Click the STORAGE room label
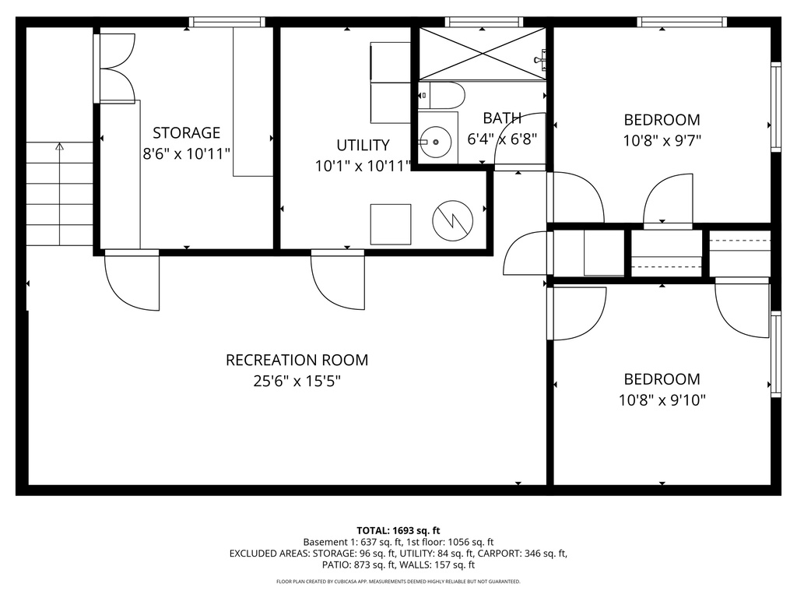tap(186, 132)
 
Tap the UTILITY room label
tap(363, 145)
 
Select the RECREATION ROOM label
tap(297, 360)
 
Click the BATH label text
tap(502, 118)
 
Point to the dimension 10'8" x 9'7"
tap(662, 141)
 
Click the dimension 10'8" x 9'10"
tap(662, 400)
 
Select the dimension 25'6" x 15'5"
tap(297, 382)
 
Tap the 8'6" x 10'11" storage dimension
tap(186, 153)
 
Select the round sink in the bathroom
tap(436, 142)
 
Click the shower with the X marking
tap(483, 53)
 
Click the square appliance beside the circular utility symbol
tap(390, 224)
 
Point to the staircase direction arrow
tap(59, 146)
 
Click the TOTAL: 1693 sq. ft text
tap(398, 530)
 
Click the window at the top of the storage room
tap(228, 23)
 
